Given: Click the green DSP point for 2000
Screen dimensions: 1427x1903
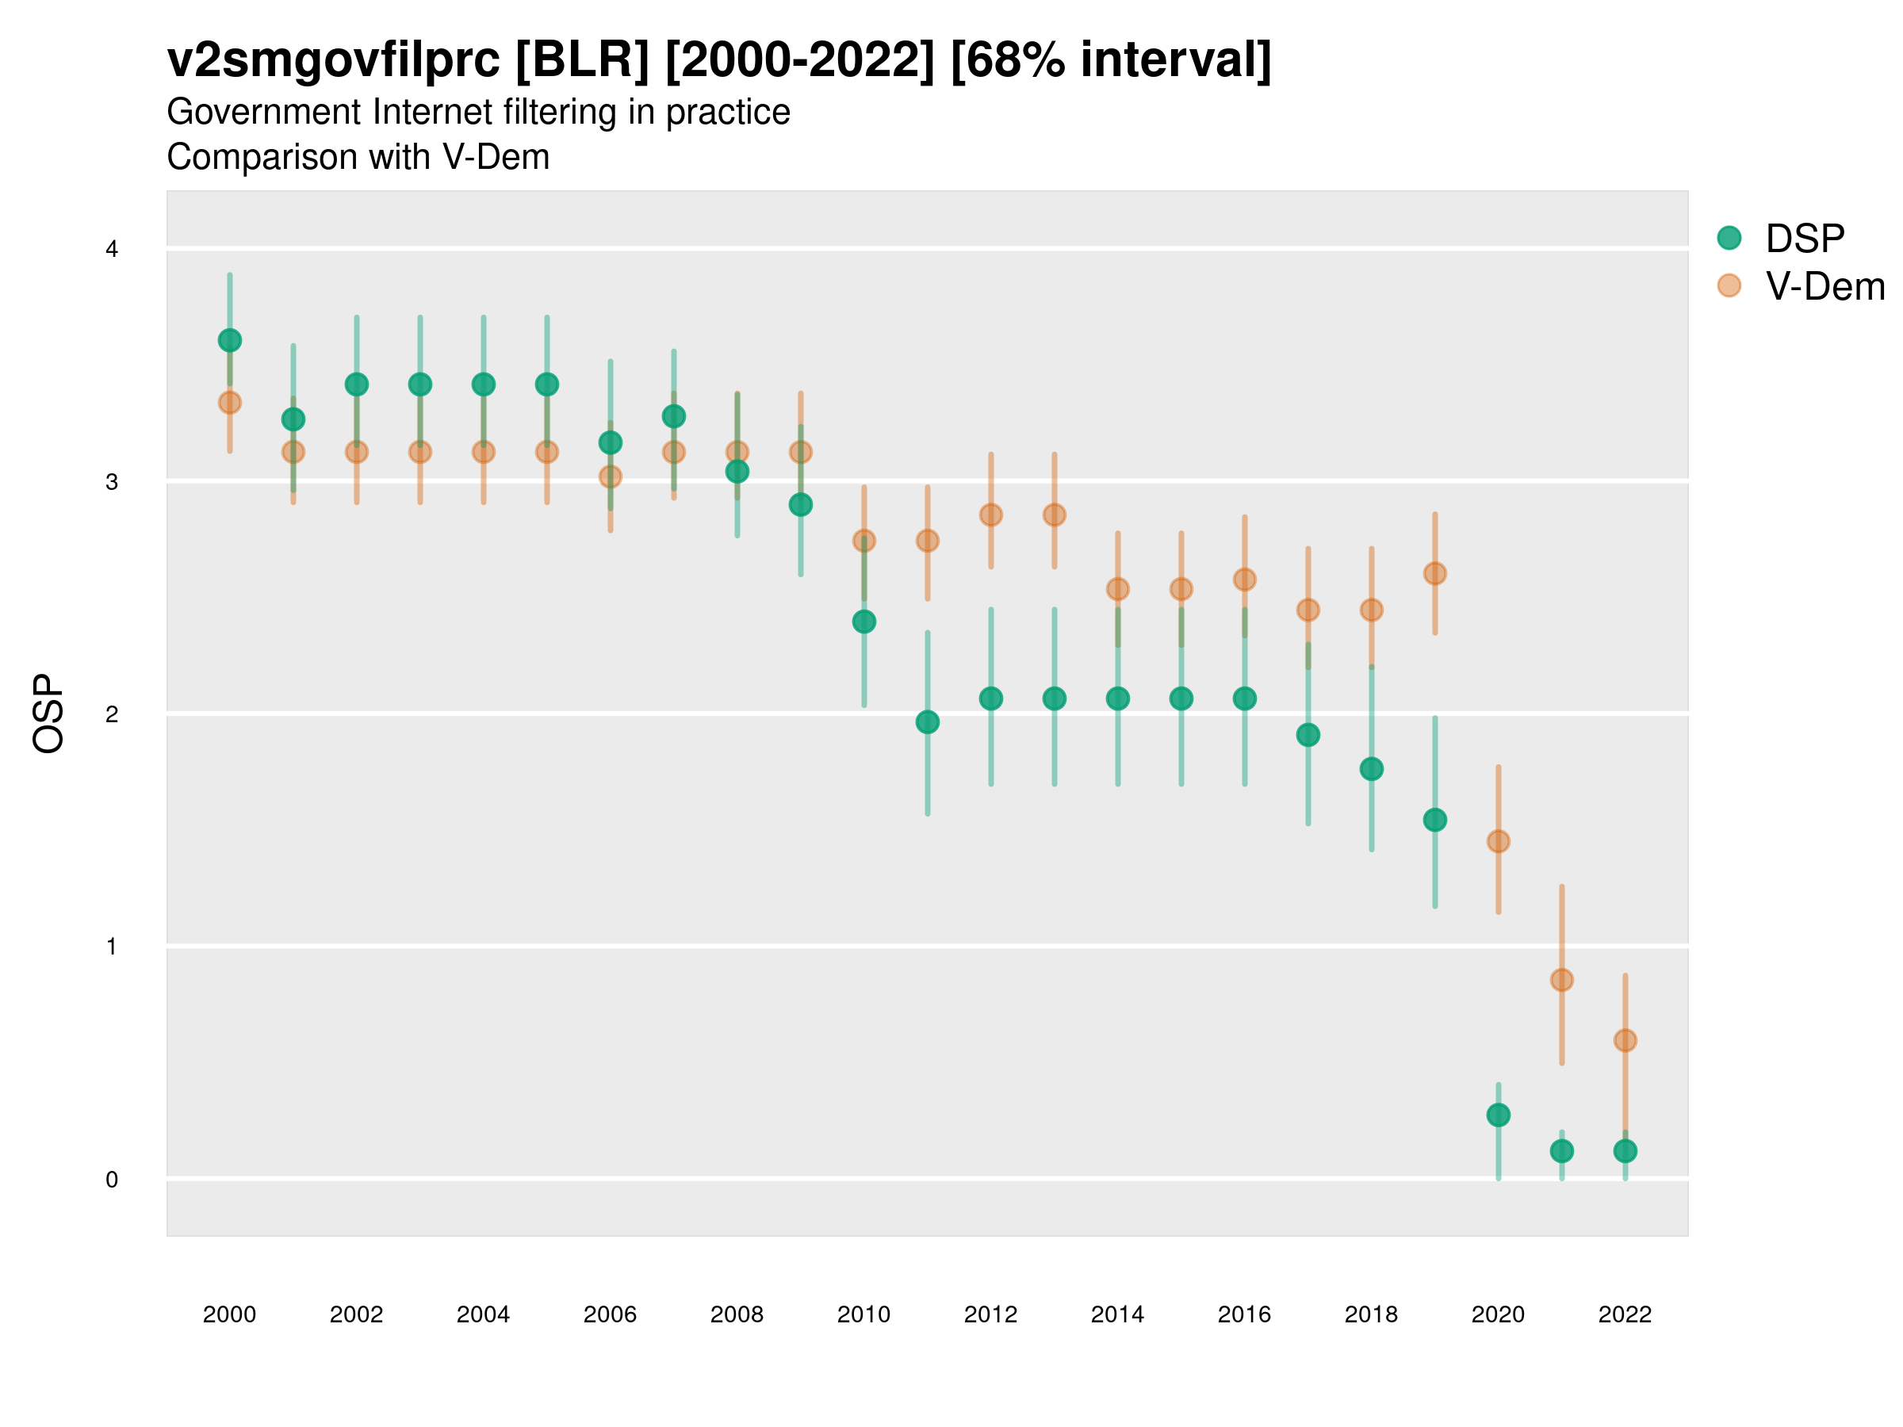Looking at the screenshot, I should (230, 341).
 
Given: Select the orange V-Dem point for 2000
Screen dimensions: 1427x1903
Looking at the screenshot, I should (230, 403).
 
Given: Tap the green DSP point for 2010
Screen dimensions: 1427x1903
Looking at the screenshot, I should (863, 622).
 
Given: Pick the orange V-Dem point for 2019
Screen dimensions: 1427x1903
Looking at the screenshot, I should (1435, 574).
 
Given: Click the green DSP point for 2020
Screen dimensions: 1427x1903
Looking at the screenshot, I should (1499, 1115).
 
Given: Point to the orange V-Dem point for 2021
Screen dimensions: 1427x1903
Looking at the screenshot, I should (1561, 981).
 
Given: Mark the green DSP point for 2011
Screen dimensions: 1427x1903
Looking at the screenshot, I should (928, 722).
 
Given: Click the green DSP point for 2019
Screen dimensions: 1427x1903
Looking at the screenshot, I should (1435, 821).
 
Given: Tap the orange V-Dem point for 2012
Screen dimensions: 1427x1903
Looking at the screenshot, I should (991, 515).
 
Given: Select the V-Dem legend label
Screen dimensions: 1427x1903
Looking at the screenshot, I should (1825, 286).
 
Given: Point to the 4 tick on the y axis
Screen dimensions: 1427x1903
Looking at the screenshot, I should (112, 250).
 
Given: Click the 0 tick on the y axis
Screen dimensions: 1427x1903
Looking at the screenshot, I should (112, 1180).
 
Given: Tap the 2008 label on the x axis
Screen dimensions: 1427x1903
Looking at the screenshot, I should (737, 1314).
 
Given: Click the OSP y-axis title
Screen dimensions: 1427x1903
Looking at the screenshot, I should (49, 714).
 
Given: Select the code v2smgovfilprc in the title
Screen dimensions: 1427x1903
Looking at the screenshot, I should (333, 60).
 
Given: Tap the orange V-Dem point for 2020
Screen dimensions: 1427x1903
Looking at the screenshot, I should (1499, 841).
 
